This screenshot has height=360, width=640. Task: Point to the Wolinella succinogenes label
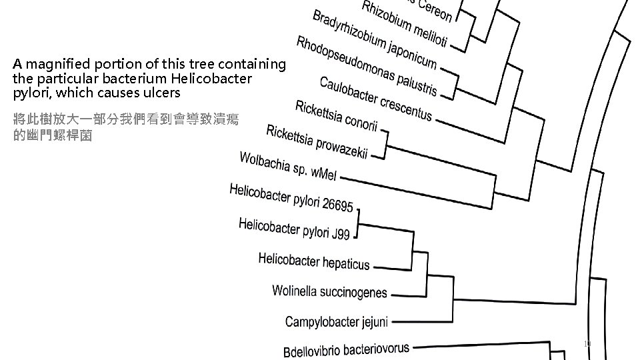pos(329,291)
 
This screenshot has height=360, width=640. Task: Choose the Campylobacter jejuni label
pos(336,322)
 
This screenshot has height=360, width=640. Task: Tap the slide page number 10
pos(587,344)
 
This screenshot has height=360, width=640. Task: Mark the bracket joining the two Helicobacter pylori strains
pos(359,221)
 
